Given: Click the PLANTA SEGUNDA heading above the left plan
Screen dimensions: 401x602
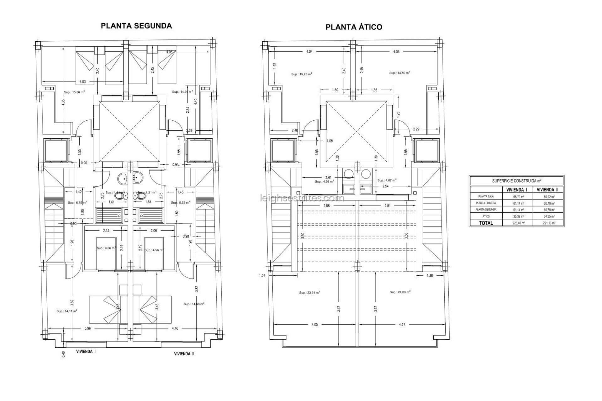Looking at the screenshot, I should pyautogui.click(x=136, y=26).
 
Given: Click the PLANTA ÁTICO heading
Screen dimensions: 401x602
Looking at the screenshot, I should pyautogui.click(x=354, y=27).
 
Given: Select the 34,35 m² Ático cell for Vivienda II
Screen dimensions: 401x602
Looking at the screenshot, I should pyautogui.click(x=548, y=216).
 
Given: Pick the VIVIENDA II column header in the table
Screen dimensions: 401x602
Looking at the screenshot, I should pyautogui.click(x=547, y=190).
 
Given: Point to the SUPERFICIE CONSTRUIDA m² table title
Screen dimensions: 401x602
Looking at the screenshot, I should pyautogui.click(x=516, y=181).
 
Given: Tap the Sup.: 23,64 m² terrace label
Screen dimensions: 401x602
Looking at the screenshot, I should pyautogui.click(x=309, y=293).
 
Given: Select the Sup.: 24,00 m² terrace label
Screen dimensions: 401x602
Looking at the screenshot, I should pyautogui.click(x=400, y=292).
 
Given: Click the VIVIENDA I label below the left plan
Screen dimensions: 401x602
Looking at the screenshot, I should pyautogui.click(x=86, y=352).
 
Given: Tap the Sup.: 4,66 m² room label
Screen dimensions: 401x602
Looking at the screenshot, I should pyautogui.click(x=106, y=248).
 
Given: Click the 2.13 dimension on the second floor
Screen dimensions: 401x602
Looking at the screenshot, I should pyautogui.click(x=106, y=231).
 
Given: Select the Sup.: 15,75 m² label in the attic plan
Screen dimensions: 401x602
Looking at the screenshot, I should pyautogui.click(x=301, y=74).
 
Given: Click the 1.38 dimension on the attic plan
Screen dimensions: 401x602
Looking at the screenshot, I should pyautogui.click(x=430, y=276).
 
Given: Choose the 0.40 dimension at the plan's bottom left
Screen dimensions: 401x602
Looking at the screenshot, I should pyautogui.click(x=63, y=354).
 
